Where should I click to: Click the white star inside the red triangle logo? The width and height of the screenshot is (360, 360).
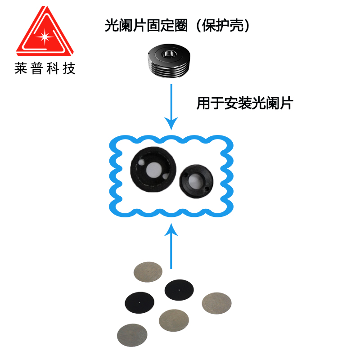pos(45,35)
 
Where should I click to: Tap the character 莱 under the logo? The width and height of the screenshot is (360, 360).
pos(21,68)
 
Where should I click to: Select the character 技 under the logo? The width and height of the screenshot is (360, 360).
pos(69,68)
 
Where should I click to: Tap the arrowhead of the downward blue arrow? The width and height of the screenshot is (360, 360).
pos(171,123)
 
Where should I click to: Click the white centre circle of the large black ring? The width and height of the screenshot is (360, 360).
pos(152,169)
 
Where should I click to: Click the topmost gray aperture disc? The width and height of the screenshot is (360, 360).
pos(148,271)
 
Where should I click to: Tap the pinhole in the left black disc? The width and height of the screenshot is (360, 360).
pos(139,302)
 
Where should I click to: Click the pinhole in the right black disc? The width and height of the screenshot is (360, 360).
pos(179,290)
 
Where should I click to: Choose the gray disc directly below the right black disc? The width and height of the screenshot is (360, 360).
pos(174,320)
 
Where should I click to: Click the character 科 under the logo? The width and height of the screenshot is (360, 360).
pos(53,68)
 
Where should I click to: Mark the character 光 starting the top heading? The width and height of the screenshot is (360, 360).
pos(111,25)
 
